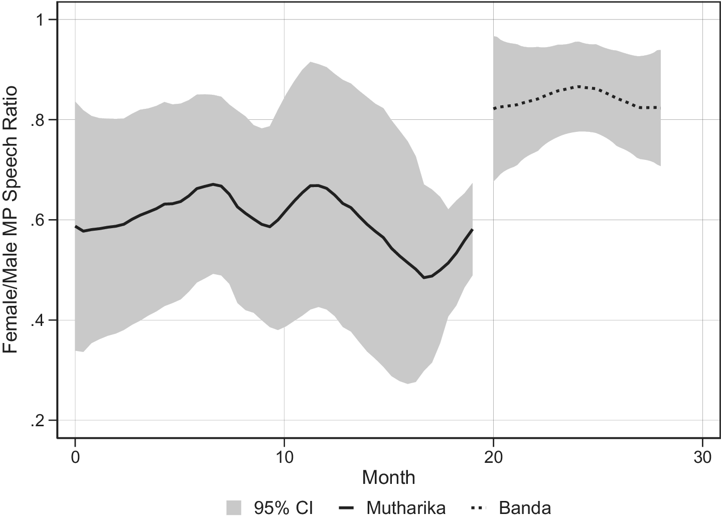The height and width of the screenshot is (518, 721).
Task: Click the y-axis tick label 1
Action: (39, 20)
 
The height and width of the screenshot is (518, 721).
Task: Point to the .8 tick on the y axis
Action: (37, 120)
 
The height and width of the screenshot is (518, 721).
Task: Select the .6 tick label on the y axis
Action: (37, 221)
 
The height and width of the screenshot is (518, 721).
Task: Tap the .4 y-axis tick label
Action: (37, 321)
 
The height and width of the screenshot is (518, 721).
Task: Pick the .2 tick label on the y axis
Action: (37, 421)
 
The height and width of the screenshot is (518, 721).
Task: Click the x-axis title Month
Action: (389, 477)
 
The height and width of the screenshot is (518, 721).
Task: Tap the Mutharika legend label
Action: (406, 507)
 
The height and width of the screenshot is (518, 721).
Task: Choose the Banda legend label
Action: (525, 507)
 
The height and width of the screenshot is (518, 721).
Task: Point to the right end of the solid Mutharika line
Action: (473, 229)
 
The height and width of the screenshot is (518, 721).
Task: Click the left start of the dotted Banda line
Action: (494, 108)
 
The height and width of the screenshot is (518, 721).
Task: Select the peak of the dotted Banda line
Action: (579, 86)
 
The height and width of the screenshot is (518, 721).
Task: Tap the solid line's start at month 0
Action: (75, 226)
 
